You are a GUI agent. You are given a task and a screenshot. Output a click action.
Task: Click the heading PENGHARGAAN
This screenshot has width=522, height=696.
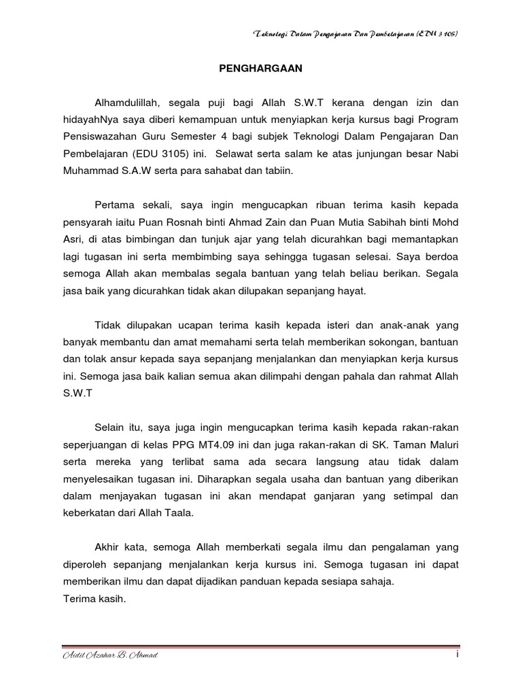[260, 68]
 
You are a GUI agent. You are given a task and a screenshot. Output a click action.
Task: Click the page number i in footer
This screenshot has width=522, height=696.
[459, 654]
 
